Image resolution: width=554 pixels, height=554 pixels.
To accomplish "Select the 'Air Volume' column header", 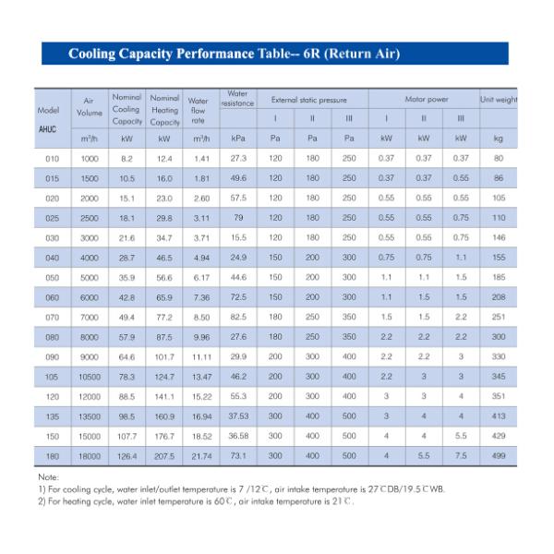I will [90, 105].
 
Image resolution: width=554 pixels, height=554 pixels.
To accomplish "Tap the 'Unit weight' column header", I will [499, 99].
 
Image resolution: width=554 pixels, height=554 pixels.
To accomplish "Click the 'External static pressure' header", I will [311, 99].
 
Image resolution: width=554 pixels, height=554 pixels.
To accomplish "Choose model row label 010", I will [52, 159].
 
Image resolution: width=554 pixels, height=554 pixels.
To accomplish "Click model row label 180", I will [52, 456].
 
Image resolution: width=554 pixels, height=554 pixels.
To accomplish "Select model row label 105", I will [52, 377].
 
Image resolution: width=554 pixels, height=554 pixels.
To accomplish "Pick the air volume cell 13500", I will [90, 416].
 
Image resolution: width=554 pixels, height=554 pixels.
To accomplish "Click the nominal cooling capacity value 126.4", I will [126, 456].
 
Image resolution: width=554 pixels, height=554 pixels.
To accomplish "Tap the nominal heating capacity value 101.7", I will [164, 356].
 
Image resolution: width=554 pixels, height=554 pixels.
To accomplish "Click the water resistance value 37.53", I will [238, 416].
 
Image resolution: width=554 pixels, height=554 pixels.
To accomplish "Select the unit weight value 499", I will [499, 456].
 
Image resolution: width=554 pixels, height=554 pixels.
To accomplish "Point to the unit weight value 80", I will [499, 159].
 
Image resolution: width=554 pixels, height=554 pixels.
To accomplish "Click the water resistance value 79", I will [238, 218].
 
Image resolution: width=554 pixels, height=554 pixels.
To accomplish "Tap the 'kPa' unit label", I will [238, 138].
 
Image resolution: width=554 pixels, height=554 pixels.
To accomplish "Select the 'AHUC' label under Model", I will [48, 128].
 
